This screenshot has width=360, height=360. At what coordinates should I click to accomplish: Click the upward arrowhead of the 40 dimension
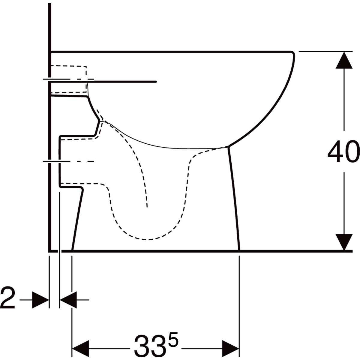click(x=344, y=60)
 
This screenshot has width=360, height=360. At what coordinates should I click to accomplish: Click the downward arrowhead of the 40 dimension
click(x=344, y=241)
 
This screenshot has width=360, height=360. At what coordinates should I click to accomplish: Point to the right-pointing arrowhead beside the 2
click(x=40, y=299)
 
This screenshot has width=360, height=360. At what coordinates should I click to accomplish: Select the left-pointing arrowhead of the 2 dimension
click(x=68, y=299)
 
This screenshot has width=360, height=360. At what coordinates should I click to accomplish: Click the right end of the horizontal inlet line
click(x=156, y=81)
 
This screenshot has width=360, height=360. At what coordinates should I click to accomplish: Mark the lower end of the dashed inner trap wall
click(x=147, y=206)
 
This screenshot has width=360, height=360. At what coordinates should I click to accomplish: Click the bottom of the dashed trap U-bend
click(x=147, y=239)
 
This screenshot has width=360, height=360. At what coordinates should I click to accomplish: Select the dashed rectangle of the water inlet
click(x=69, y=79)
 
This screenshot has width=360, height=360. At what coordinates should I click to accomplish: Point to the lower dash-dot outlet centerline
click(x=69, y=161)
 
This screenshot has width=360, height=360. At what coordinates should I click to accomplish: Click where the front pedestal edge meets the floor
click(x=239, y=250)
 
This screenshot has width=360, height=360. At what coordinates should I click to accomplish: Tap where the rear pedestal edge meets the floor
click(x=72, y=250)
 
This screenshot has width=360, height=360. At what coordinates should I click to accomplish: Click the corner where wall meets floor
click(x=49, y=250)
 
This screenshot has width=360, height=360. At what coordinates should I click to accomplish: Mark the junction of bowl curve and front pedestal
click(x=229, y=146)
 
